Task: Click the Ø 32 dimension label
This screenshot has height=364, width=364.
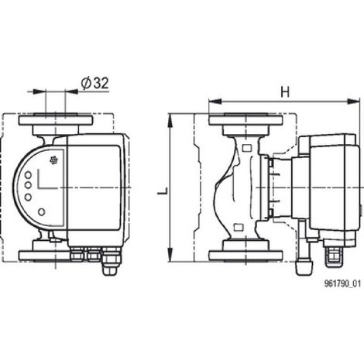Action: click(94, 84)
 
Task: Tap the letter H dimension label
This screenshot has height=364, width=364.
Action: click(285, 91)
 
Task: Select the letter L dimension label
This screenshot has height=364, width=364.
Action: click(163, 191)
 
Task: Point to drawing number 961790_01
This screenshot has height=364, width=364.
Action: click(342, 283)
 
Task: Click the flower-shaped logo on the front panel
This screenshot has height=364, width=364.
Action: click(53, 160)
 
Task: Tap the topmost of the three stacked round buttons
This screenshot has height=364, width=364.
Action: click(28, 175)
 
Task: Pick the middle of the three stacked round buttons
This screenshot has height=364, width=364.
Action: click(28, 185)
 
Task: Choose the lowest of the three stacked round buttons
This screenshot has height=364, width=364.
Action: click(28, 197)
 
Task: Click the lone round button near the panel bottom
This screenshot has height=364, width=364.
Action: click(42, 212)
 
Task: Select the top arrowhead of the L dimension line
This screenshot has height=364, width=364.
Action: click(170, 121)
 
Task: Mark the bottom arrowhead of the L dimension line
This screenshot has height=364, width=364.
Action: click(170, 254)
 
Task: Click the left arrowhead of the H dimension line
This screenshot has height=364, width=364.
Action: click(215, 101)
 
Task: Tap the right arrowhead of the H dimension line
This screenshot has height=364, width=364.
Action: click(353, 101)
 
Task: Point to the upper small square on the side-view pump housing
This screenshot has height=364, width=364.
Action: click(247, 148)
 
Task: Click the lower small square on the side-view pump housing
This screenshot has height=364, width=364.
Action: click(239, 228)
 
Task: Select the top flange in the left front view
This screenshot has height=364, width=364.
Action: click(56, 121)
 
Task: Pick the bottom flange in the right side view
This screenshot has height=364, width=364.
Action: click(246, 255)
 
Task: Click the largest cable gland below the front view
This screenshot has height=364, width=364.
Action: click(112, 261)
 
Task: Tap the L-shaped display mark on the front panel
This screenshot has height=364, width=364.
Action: click(46, 179)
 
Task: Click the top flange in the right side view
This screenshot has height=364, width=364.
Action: click(246, 121)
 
